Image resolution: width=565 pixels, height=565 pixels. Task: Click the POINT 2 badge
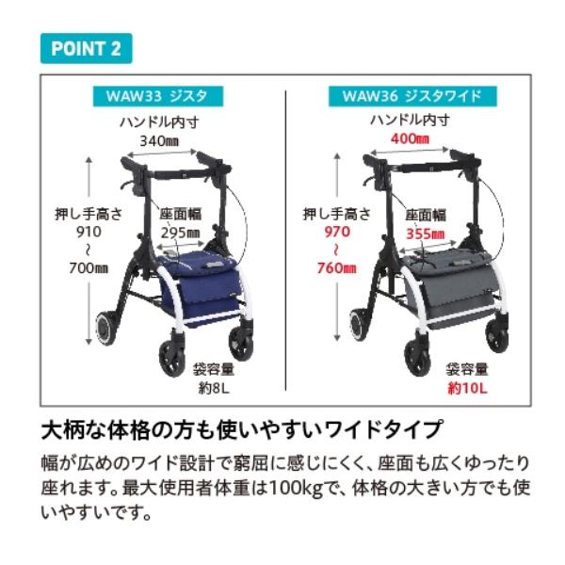coord(86,48)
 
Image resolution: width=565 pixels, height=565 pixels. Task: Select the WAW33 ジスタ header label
coord(157,95)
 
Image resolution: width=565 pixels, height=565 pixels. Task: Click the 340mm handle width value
coord(159,140)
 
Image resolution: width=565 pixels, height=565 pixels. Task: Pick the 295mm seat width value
coord(180,233)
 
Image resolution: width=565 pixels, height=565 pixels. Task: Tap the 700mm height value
coord(88,268)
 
